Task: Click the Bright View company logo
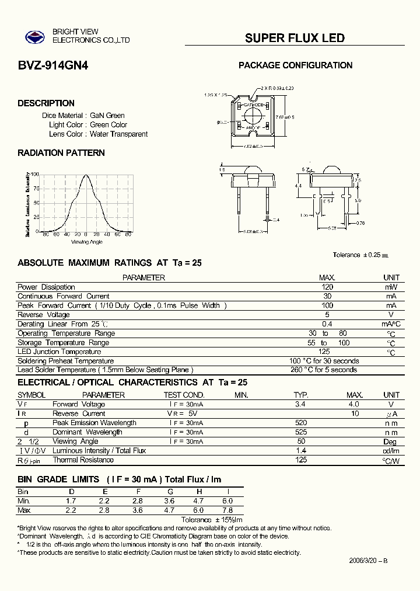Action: pyautogui.click(x=34, y=37)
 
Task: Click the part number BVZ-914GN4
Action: pyautogui.click(x=53, y=66)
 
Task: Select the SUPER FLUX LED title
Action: pyautogui.click(x=295, y=38)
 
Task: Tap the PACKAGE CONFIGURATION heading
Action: pyautogui.click(x=295, y=65)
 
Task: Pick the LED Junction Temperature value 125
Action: pyautogui.click(x=324, y=352)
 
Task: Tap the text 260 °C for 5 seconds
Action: pyautogui.click(x=323, y=370)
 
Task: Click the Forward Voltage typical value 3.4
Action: pyautogui.click(x=300, y=404)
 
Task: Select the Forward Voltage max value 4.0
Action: pyautogui.click(x=354, y=404)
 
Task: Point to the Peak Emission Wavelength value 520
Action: pyautogui.click(x=300, y=423)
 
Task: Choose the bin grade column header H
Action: pyautogui.click(x=199, y=492)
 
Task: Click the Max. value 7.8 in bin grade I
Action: pyautogui.click(x=228, y=510)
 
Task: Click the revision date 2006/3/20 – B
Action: pyautogui.click(x=368, y=560)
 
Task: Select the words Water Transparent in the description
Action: pyautogui.click(x=118, y=134)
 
